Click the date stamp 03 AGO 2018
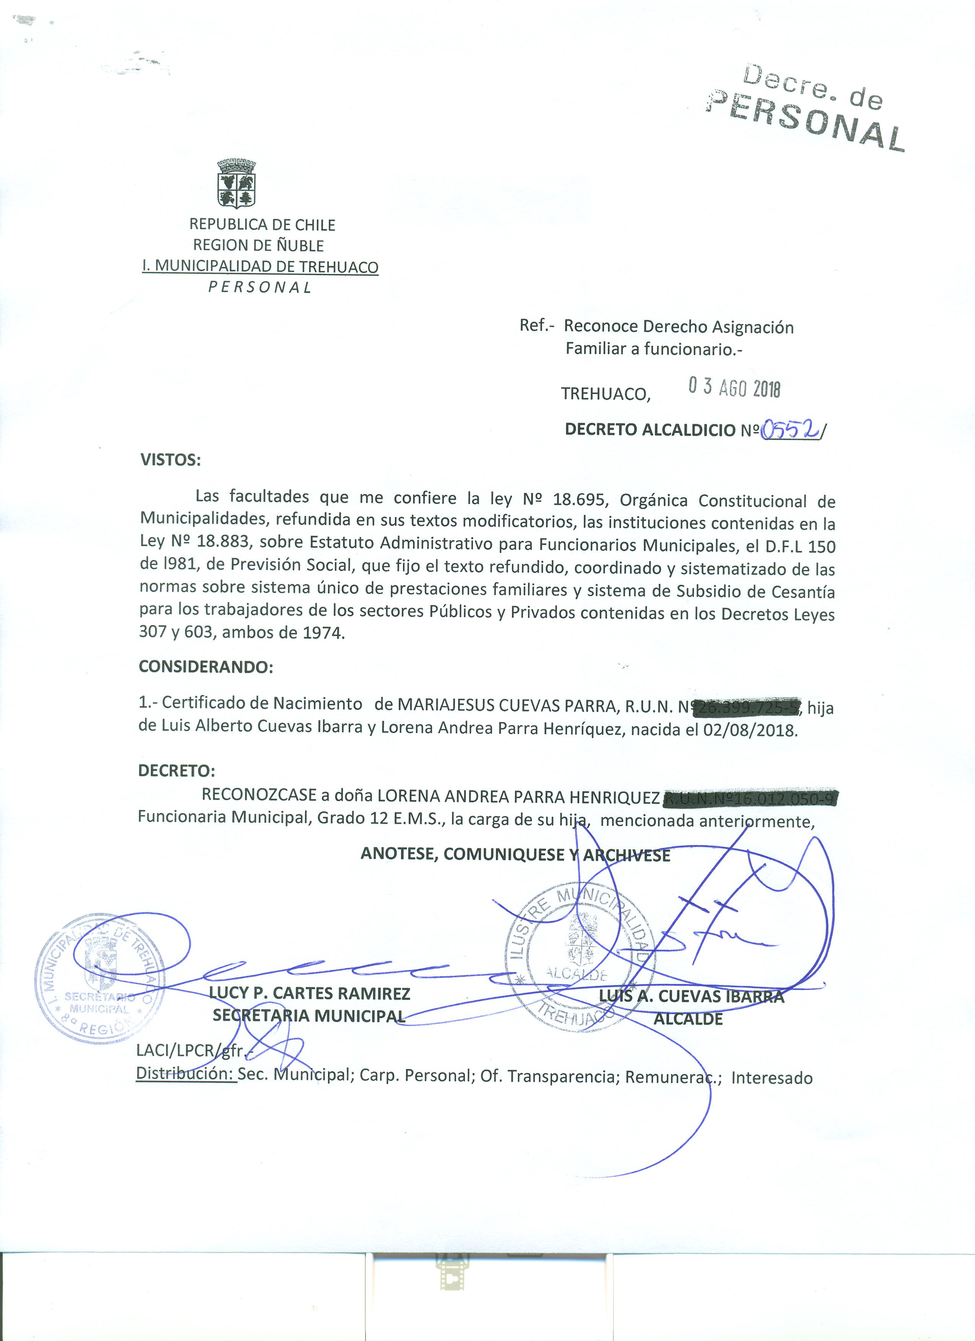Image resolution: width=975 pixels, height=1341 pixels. (x=734, y=389)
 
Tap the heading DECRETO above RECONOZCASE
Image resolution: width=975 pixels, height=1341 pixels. (x=176, y=771)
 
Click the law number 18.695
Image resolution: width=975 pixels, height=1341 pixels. (x=580, y=500)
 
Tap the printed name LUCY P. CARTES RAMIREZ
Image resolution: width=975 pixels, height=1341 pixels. (x=310, y=993)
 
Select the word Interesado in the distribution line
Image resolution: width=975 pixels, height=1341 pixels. (x=772, y=1077)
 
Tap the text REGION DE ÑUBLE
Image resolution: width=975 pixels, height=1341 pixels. (x=258, y=245)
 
